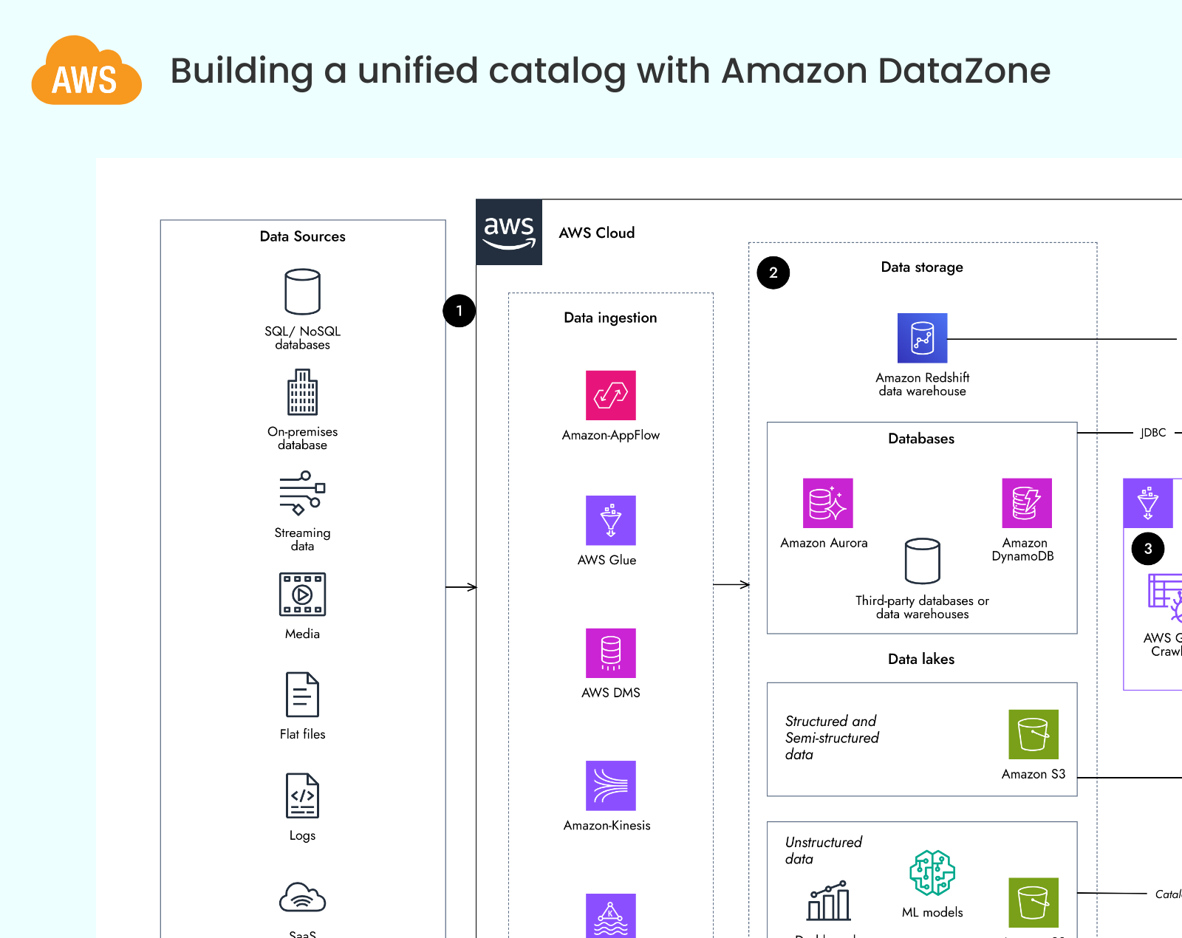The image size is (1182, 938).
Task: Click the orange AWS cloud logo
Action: coord(86,72)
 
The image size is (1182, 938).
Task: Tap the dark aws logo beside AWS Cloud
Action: coord(509,232)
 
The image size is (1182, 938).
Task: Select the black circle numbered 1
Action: coord(459,311)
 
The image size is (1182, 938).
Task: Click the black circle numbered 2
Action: coord(773,273)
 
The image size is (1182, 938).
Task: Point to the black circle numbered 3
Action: coord(1147,549)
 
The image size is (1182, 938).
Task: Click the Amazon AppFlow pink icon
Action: coord(610,395)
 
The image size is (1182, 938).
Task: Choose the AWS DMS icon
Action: coord(610,653)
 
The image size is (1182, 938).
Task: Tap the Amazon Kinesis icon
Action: coord(610,786)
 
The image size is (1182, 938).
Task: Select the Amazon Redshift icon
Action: coord(922,338)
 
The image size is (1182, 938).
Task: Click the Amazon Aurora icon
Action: coord(827,503)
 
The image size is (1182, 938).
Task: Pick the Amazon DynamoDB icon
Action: coord(1026,503)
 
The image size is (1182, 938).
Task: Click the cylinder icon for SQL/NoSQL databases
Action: coord(302,292)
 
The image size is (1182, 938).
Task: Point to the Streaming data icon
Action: coord(302,493)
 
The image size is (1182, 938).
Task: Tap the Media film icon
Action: coord(302,595)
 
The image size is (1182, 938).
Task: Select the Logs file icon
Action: coord(302,795)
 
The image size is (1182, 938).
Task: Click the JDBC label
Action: coord(1152,433)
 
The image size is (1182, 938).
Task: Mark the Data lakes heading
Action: coord(921,659)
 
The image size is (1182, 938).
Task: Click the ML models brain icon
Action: coord(932,872)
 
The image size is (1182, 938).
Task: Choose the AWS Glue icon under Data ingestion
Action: coord(610,521)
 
